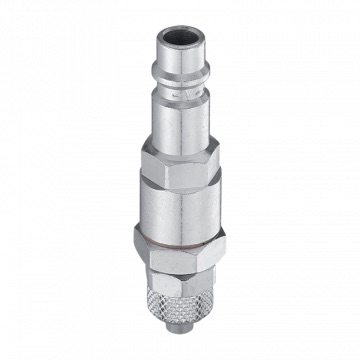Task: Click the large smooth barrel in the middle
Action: [182, 215]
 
